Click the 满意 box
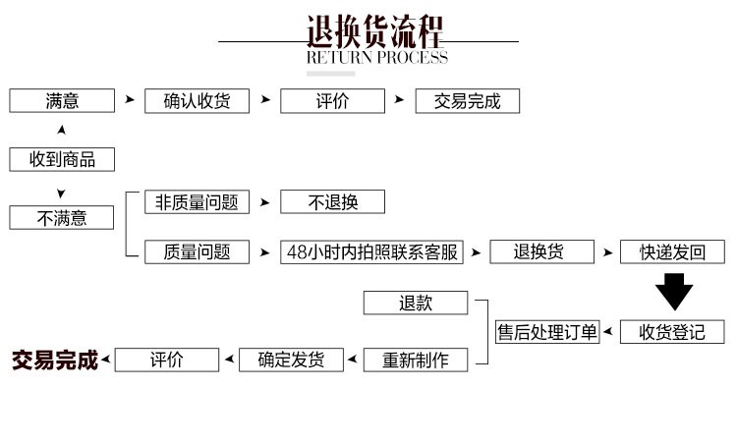pos(62,101)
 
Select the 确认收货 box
pos(198,101)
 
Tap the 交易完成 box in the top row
pos(468,101)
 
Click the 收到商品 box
pos(62,159)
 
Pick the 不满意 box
pos(62,217)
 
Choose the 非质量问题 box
pos(198,202)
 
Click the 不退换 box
pos(333,202)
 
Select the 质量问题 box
pos(198,251)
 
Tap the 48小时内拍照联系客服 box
pos(370,251)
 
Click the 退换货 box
pos(541,251)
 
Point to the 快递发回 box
pos(673,251)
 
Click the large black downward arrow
pos(674,293)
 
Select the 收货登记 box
pos(673,331)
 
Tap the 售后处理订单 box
pos(547,331)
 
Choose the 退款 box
pos(416,303)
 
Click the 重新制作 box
pos(416,360)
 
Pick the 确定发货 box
pos(291,360)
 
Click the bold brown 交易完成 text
pos(55,360)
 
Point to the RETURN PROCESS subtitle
pos(377,57)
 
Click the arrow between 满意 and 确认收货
pos(129,101)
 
